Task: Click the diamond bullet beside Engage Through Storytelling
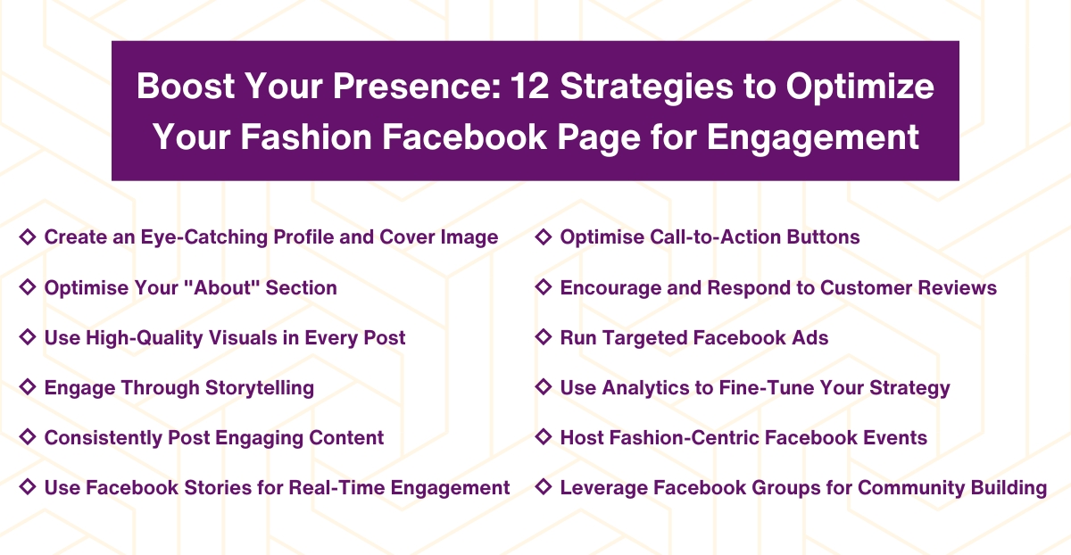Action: click(28, 387)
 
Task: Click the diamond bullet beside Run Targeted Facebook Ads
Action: click(543, 337)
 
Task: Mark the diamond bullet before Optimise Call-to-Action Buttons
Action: click(543, 237)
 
